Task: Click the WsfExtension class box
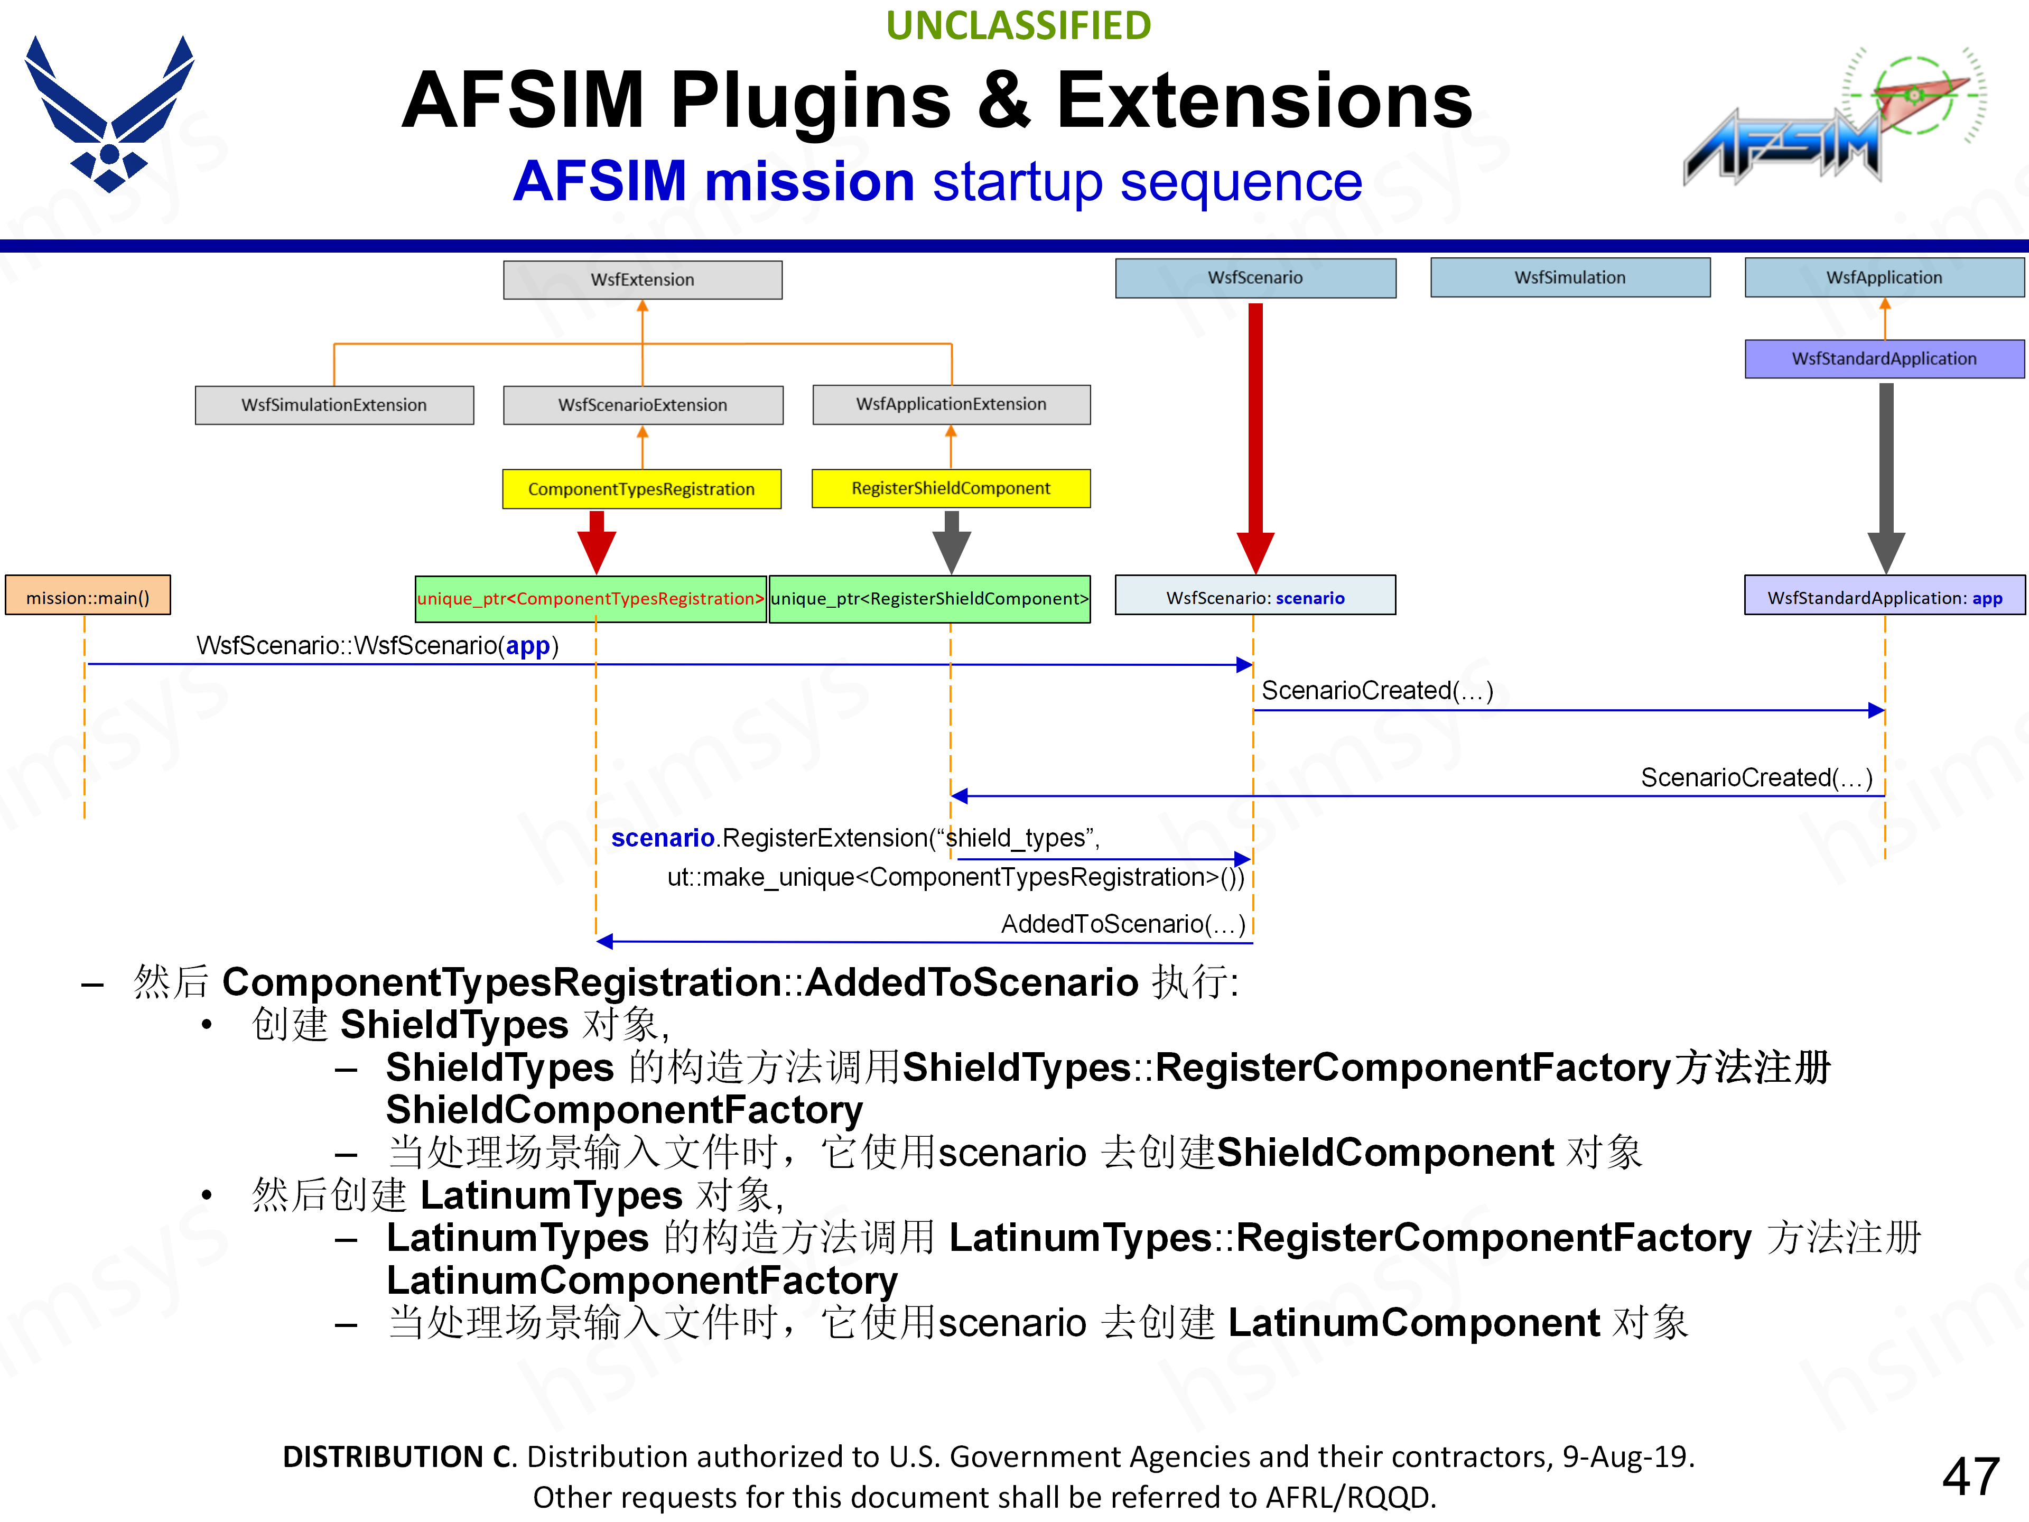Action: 642,280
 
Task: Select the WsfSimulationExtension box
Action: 334,405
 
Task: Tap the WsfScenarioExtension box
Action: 642,405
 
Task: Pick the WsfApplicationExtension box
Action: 951,404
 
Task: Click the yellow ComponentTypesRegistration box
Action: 641,489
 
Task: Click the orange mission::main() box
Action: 88,597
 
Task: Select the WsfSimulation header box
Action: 1569,277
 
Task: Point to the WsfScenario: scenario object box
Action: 1255,597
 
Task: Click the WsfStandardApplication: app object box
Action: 1884,597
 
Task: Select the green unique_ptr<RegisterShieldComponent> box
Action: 929,598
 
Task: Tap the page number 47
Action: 1970,1476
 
